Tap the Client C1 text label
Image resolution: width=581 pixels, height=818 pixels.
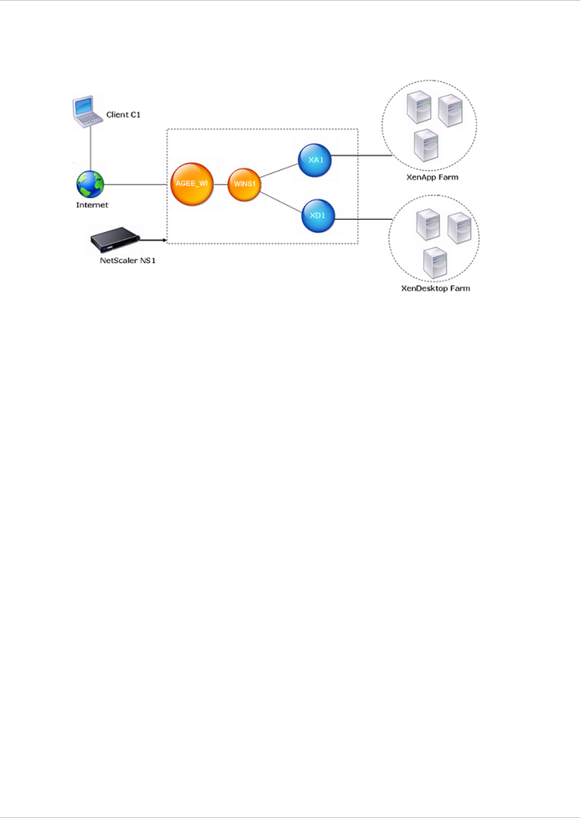(x=123, y=115)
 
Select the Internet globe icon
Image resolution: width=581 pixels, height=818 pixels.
(x=90, y=184)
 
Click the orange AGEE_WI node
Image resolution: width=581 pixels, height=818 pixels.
(x=191, y=184)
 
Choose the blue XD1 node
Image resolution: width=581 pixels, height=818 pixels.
(x=318, y=215)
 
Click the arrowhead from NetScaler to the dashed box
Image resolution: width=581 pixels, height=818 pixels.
(x=164, y=242)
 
